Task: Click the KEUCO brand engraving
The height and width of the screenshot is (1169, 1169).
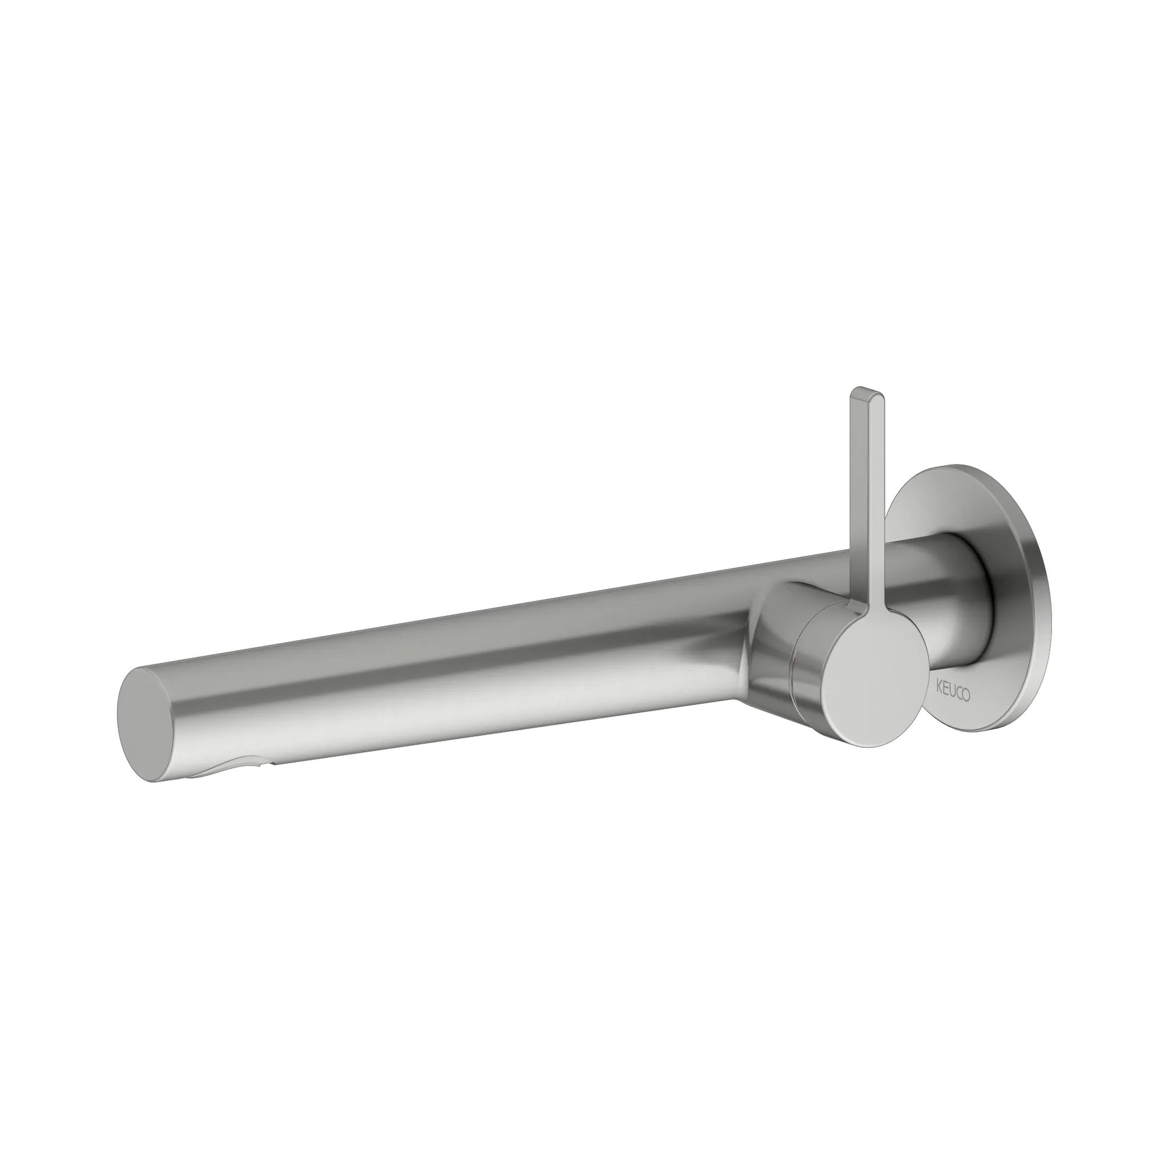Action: (x=953, y=691)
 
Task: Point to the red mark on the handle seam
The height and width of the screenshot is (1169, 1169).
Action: (x=803, y=666)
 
